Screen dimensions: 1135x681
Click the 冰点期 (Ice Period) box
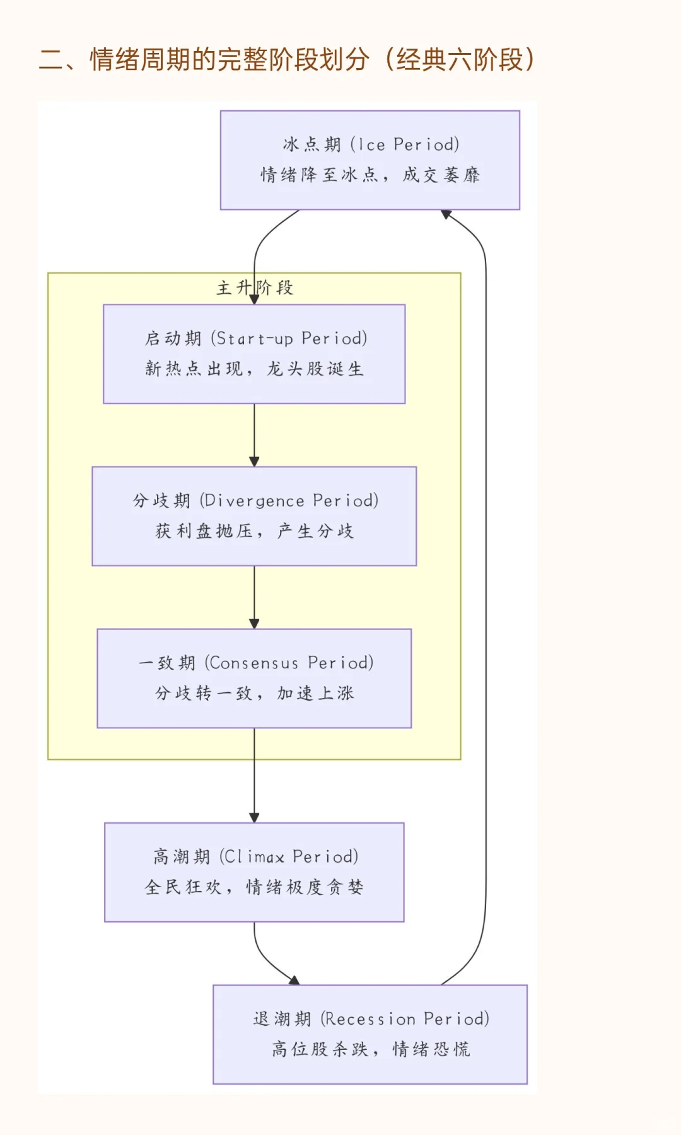(x=370, y=160)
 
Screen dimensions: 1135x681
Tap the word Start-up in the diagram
(x=255, y=339)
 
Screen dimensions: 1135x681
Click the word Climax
(x=255, y=856)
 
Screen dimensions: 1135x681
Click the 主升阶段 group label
(x=255, y=288)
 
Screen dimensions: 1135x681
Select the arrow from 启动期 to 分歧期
(x=254, y=435)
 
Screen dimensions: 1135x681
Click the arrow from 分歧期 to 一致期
(x=254, y=597)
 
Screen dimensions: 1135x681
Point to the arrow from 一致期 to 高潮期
(x=254, y=776)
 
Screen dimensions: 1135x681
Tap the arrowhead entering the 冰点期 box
(x=446, y=214)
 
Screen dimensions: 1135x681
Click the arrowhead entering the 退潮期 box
(x=294, y=980)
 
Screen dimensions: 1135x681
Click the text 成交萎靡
(x=441, y=175)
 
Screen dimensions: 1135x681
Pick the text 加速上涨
(x=315, y=694)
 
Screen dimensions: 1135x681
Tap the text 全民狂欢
(x=183, y=887)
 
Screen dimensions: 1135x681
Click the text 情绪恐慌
(x=431, y=1049)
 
